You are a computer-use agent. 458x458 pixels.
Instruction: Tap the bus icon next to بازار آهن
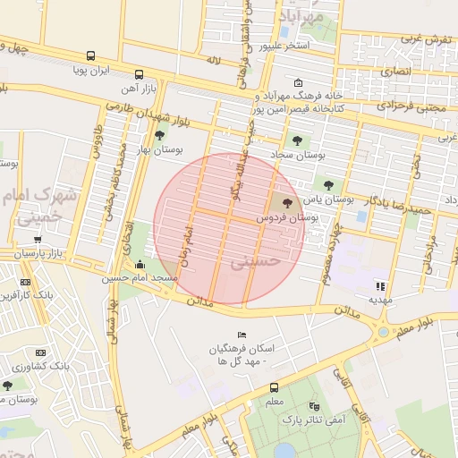click(x=139, y=75)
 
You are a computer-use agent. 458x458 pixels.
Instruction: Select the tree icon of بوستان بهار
click(x=159, y=136)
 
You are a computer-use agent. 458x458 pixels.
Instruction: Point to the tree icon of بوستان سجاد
click(x=296, y=139)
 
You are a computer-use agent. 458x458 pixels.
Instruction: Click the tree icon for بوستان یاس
click(x=329, y=185)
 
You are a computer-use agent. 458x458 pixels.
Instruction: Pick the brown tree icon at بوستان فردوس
click(x=286, y=203)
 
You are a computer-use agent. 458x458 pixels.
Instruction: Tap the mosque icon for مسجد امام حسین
click(x=140, y=265)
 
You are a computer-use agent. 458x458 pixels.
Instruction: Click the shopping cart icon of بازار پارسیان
click(x=38, y=240)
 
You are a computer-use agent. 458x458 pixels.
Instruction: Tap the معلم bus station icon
click(x=274, y=388)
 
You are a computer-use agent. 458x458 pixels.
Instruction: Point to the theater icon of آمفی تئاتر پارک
click(x=311, y=405)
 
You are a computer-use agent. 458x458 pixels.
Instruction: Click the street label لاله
click(x=213, y=61)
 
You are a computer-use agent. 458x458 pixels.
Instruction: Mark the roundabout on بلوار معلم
click(x=384, y=332)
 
